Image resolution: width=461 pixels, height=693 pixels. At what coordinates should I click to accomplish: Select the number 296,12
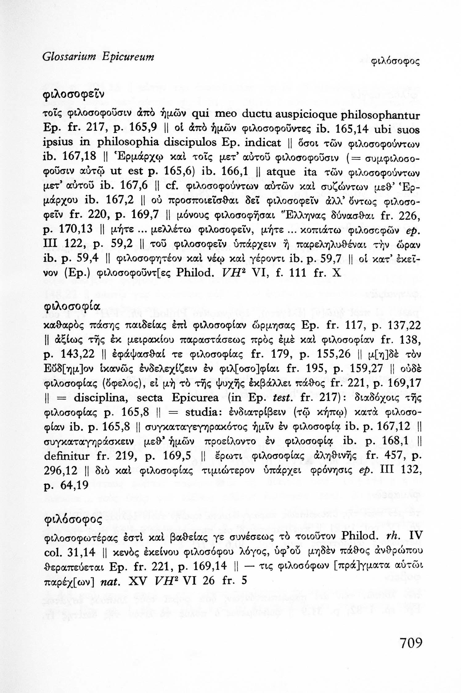point(58,470)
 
